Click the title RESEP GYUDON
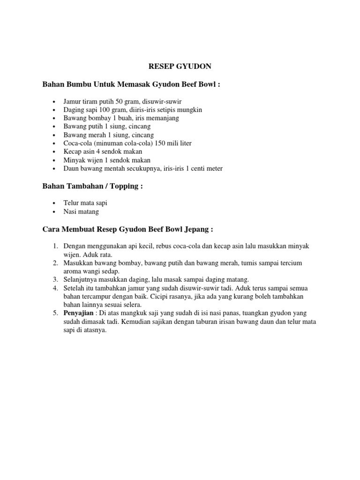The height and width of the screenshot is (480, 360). click(180, 67)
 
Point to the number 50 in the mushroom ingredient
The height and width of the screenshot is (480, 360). click(120, 101)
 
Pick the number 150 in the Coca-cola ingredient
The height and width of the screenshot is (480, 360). click(160, 143)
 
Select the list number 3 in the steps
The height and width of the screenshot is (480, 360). click(54, 279)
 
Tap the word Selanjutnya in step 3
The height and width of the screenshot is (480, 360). click(80, 279)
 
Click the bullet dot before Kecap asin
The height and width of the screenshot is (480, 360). click(55, 152)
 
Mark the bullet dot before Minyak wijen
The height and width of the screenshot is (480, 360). click(55, 160)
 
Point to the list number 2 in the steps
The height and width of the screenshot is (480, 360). click(54, 263)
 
